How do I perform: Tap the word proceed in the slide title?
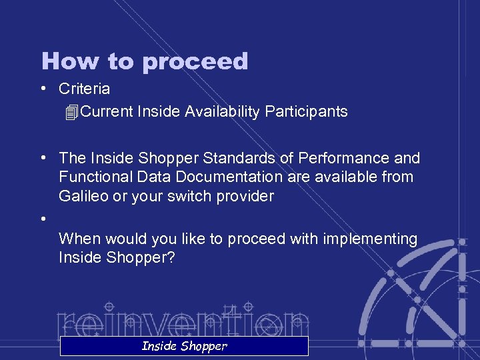coord(194,62)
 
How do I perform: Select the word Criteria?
coord(84,89)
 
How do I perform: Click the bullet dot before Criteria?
coord(43,89)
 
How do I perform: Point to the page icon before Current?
coord(73,112)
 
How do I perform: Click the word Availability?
coord(223,111)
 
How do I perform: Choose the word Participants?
coord(306,111)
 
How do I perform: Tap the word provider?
coord(246,196)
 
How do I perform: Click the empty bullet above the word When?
coord(43,219)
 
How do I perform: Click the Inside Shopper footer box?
coord(184,346)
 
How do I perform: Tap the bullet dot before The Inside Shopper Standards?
coord(43,159)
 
